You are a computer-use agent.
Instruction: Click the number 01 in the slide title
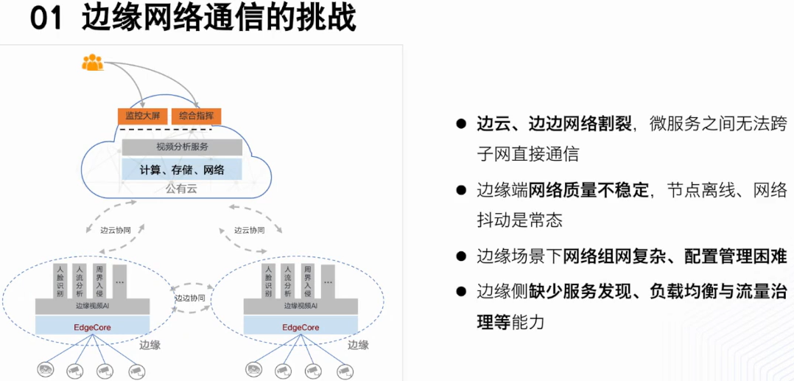(x=46, y=18)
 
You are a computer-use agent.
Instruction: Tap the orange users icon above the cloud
(x=93, y=63)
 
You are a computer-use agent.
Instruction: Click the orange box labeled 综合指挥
(x=196, y=116)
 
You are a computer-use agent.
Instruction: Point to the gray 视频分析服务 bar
(x=182, y=147)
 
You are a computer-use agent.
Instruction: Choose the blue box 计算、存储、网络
(x=182, y=170)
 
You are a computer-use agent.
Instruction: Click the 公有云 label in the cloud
(x=181, y=189)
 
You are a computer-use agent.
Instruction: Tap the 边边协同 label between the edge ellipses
(x=190, y=298)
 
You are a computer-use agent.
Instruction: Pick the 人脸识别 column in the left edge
(x=60, y=281)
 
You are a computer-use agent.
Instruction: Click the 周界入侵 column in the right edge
(x=308, y=281)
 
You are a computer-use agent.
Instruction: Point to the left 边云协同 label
(x=120, y=230)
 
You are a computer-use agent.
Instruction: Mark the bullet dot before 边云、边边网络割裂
(x=462, y=124)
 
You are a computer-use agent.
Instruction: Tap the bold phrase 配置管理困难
(x=736, y=256)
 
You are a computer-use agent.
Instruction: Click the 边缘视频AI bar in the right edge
(x=301, y=306)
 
